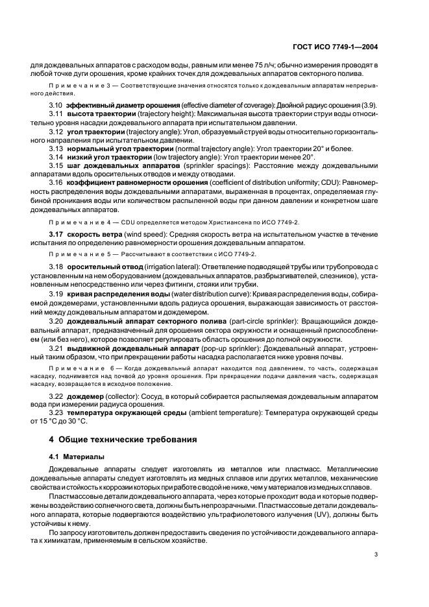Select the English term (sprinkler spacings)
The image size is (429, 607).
[209, 165]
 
